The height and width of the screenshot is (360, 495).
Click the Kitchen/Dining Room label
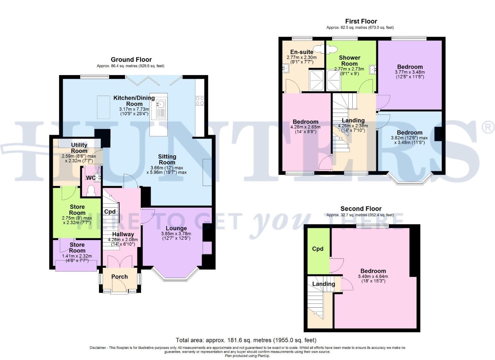pos(134,101)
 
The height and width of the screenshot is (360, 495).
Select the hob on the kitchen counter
pos(200,101)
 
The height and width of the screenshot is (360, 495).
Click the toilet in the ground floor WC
pos(91,190)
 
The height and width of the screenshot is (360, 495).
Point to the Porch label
pos(119,277)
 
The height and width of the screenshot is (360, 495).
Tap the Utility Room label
pos(79,148)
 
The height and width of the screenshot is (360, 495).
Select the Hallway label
pos(123,234)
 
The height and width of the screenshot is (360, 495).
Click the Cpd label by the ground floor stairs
pos(110,212)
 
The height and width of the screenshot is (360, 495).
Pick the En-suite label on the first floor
pos(302,52)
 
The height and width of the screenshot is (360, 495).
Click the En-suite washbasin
pos(285,69)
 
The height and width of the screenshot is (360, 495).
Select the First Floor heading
pos(361,21)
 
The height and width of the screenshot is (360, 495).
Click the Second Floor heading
pos(361,209)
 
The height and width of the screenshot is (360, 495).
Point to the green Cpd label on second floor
pos(318,249)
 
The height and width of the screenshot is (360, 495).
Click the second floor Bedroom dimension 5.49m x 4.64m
pos(373,276)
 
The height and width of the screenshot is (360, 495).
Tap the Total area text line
pos(246,340)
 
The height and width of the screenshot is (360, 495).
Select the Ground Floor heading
pos(131,60)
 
